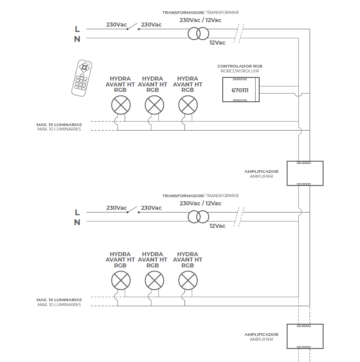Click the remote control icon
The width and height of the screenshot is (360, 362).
click(82, 78)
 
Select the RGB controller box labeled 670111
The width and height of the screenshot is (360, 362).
click(241, 90)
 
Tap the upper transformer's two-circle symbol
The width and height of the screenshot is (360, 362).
click(198, 34)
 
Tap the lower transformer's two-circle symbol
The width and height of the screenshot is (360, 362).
click(198, 217)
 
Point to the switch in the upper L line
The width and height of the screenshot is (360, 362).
click(133, 27)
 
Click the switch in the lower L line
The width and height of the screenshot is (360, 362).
click(133, 210)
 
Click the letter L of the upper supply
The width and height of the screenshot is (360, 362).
click(77, 29)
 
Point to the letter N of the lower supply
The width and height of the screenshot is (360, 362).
click(77, 222)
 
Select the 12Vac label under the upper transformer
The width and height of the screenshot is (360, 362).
click(217, 43)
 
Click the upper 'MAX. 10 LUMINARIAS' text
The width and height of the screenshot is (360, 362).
click(59, 125)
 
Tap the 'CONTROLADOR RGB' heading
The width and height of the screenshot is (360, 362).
click(240, 66)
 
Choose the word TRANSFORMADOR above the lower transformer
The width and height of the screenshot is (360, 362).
click(183, 196)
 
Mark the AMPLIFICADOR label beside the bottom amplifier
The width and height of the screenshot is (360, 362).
click(261, 335)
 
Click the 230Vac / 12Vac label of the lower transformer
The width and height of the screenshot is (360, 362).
click(200, 204)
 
